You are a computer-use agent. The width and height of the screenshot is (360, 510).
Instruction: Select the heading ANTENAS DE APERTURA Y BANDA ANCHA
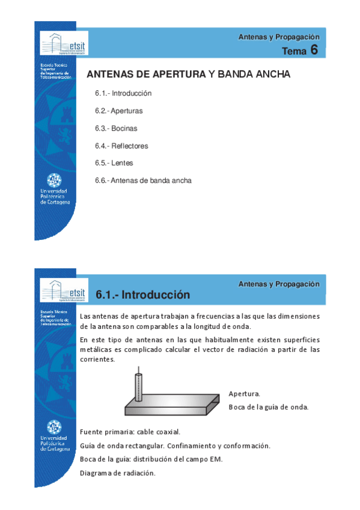(189, 75)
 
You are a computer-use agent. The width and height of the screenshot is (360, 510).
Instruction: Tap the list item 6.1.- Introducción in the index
(123, 94)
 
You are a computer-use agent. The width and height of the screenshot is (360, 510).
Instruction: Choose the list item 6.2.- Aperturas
(118, 111)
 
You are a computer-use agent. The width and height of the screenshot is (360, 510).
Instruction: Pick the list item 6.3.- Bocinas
(116, 129)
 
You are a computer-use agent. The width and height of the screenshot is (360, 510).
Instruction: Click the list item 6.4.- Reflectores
(121, 146)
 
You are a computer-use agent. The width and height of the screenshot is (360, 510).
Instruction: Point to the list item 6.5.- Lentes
(114, 163)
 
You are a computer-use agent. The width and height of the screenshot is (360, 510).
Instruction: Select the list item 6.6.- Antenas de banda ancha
(143, 180)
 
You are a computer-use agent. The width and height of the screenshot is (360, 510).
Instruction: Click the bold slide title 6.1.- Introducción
(143, 295)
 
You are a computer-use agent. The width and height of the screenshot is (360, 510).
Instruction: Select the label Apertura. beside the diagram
(244, 394)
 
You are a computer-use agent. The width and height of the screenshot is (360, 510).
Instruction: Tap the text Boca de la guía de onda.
(268, 407)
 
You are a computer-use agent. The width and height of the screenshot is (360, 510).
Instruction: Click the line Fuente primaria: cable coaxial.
(130, 432)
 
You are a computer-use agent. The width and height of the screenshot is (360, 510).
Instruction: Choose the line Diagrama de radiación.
(117, 473)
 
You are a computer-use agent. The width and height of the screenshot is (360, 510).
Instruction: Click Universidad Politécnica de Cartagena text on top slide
(54, 196)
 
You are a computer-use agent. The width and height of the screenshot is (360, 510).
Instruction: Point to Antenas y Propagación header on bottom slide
(279, 284)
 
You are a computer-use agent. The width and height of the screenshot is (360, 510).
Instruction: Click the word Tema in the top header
(294, 51)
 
